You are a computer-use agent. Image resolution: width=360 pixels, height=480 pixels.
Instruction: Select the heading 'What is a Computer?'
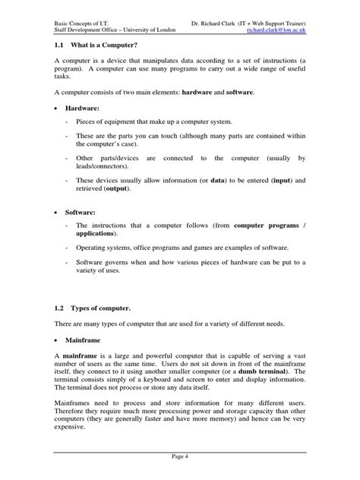point(107,46)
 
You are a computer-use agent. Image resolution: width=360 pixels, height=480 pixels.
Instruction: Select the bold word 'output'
point(115,188)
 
